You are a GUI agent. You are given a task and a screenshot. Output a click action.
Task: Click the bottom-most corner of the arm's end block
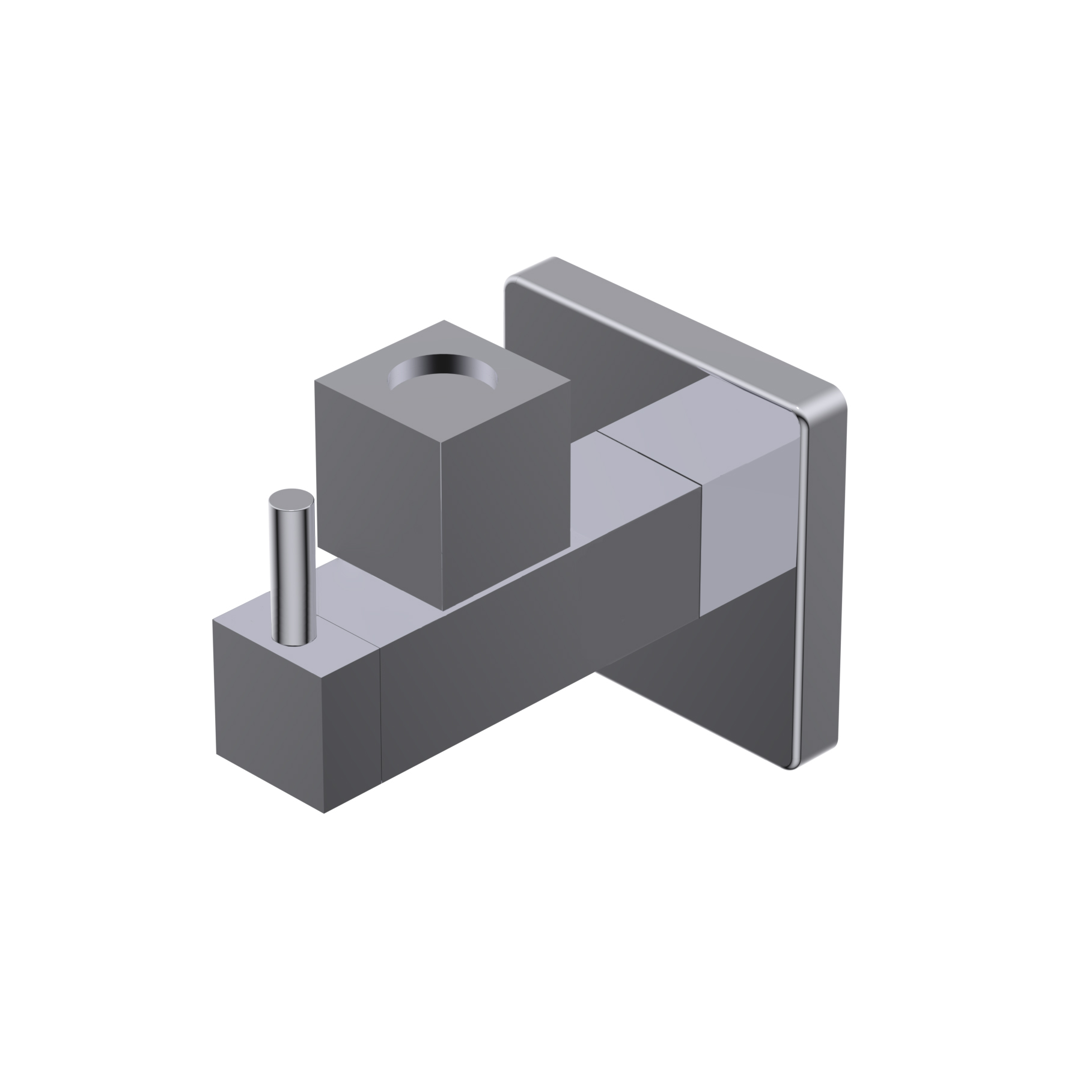pyautogui.click(x=325, y=813)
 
